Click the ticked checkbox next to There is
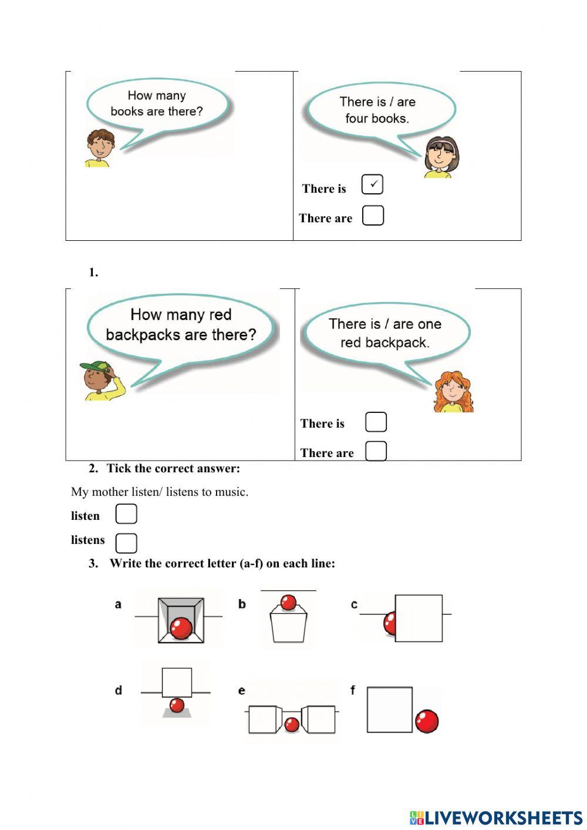pos(372,184)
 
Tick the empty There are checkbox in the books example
pos(373,216)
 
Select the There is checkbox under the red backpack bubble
pos(376,422)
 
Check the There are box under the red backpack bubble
pos(376,451)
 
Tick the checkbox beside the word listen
pos(126,514)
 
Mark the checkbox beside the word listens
pos(126,543)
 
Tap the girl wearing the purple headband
pos(441,157)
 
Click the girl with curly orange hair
pos(453,392)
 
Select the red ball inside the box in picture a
pos(181,628)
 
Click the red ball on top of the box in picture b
pos(288,602)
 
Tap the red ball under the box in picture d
pos(177,705)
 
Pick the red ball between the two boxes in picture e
pos(292,724)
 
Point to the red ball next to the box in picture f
pos(427,721)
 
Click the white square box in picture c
pos(419,618)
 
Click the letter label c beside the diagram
pos(354,604)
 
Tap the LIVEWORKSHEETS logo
pos(496,817)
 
